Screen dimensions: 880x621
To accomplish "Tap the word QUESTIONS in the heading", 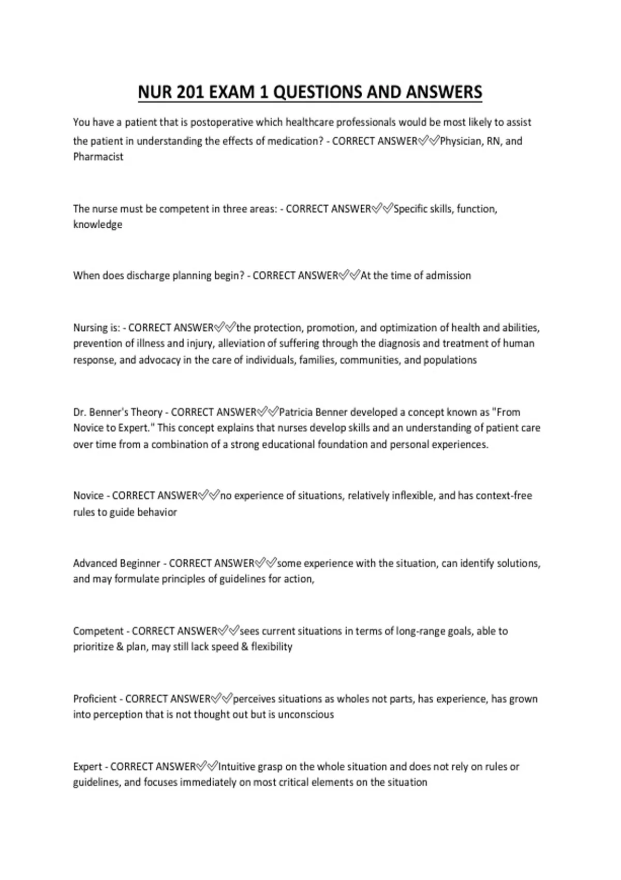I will pos(317,92).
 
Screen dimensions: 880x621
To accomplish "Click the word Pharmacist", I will pos(98,157).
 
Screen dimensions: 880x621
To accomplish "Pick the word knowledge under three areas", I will pos(97,225).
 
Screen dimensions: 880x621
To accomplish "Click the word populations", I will pos(450,360).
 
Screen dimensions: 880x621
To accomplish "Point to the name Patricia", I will pos(300,413).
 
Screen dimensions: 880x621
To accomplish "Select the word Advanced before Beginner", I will pos(95,563).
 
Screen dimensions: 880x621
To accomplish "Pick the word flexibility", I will pos(272,647).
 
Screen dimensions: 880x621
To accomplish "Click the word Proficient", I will pos(95,699).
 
